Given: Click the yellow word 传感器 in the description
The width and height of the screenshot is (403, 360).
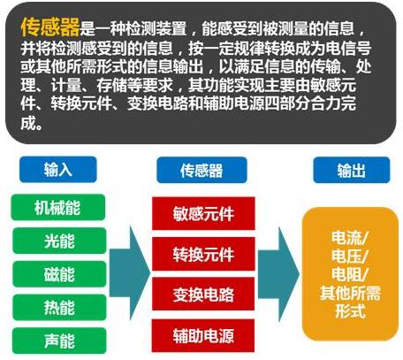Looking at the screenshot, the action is [x=50, y=27].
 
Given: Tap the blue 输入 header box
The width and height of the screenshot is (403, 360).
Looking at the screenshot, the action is [x=58, y=170].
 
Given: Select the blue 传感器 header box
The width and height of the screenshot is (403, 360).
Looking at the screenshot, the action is [x=201, y=170].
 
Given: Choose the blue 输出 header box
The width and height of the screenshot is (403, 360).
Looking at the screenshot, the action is [x=352, y=170].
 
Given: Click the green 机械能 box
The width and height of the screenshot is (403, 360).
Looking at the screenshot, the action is [x=58, y=207].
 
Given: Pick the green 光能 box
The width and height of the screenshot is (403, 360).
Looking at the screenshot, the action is [x=59, y=241].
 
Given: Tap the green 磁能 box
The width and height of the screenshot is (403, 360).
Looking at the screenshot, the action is [x=59, y=274].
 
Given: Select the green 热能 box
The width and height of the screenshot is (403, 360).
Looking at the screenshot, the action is [x=59, y=307].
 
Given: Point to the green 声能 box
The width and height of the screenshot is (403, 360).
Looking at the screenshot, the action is [x=59, y=341].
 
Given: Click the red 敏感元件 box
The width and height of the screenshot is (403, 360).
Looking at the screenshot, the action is [x=203, y=213].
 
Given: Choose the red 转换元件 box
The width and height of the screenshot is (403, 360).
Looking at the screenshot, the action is [x=203, y=254].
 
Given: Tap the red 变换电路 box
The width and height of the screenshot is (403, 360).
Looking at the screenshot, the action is [x=203, y=294].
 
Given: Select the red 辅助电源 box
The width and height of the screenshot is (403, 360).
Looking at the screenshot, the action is [x=203, y=335].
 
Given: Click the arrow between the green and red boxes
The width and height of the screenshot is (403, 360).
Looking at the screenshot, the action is [x=130, y=272].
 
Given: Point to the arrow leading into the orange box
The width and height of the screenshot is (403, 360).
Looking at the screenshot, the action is [x=278, y=274].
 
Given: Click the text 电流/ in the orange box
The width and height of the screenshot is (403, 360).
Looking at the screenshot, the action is [x=350, y=238].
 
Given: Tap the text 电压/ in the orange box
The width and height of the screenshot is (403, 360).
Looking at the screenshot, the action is [x=350, y=256].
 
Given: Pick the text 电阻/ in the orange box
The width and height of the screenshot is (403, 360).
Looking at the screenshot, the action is [x=350, y=274].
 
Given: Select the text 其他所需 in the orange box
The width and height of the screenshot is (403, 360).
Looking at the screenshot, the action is [x=350, y=293].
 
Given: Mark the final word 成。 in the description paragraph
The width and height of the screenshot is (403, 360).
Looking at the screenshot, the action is [x=32, y=123].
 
